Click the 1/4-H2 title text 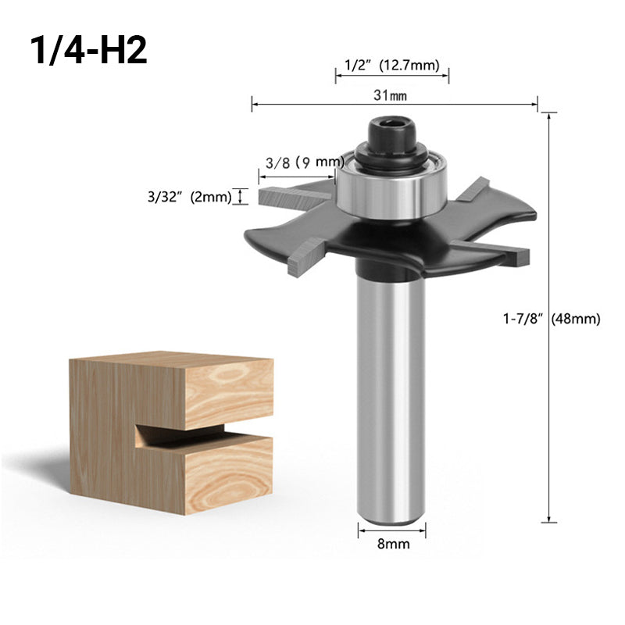(87, 51)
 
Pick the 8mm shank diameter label (393, 545)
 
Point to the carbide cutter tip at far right (516, 252)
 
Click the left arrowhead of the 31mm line (254, 103)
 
